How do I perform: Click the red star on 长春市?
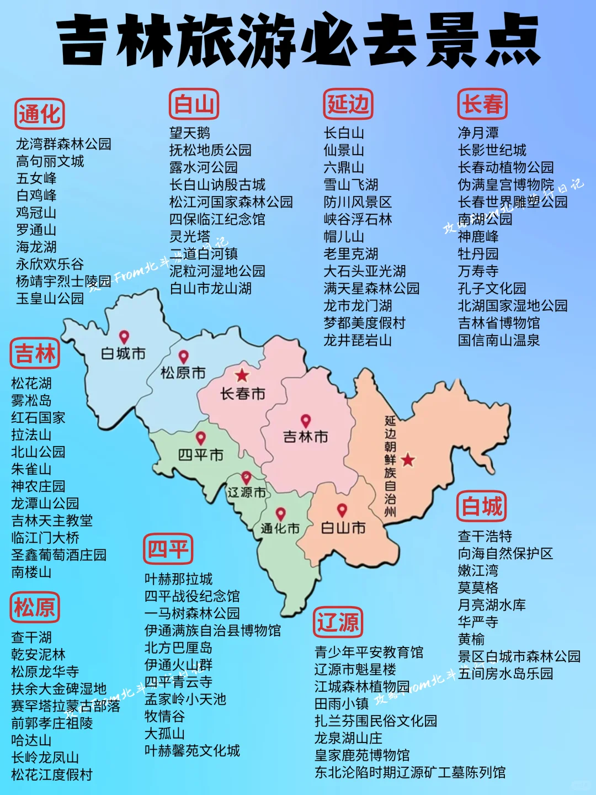click(242, 375)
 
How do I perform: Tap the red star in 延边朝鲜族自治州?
click(408, 459)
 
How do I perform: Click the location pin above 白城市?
click(124, 337)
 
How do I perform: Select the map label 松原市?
click(183, 373)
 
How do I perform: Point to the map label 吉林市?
click(305, 437)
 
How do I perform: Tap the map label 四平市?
click(200, 455)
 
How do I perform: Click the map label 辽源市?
click(246, 492)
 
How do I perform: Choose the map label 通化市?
click(280, 528)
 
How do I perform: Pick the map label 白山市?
click(343, 528)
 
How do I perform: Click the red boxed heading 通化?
click(39, 114)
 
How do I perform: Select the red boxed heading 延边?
click(348, 104)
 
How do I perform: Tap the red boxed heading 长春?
click(482, 104)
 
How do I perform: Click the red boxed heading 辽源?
click(338, 622)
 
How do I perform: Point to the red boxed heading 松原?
click(34, 607)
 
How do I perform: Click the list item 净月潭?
click(478, 133)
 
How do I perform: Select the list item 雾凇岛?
click(31, 400)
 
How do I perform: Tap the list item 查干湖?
click(31, 638)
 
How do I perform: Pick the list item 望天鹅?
click(189, 133)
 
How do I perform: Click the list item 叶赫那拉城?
click(178, 579)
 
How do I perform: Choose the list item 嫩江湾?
click(478, 570)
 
